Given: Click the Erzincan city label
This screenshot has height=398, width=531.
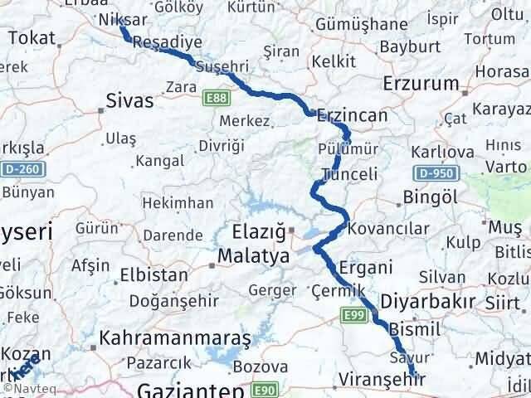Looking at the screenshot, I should coord(353,115).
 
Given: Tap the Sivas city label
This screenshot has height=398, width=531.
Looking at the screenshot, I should coord(130,101).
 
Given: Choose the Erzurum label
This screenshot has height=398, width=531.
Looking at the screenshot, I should coord(422,83).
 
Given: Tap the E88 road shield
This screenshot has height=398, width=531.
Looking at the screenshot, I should coord(217,99).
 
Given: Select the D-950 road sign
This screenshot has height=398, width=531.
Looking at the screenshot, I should coord(434,173).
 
